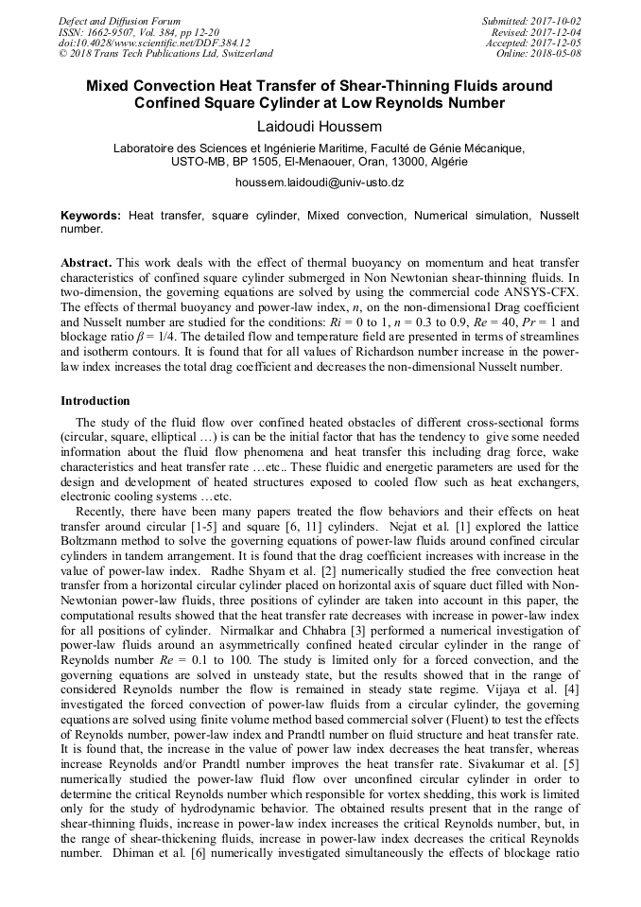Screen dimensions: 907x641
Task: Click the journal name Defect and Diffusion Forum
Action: [119, 21]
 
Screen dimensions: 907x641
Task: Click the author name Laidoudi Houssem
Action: [320, 125]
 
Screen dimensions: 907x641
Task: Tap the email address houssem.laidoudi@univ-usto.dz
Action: [320, 182]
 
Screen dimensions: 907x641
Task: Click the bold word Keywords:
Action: [91, 217]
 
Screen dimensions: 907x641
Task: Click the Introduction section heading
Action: [95, 401]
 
